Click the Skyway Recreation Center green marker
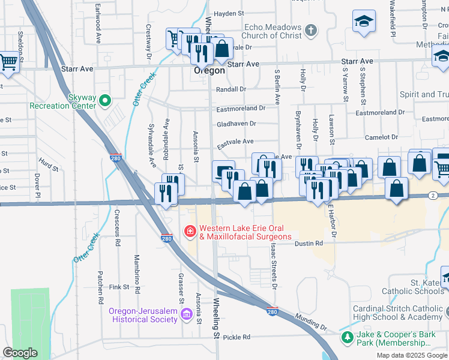[106, 100]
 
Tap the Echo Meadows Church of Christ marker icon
[310, 29]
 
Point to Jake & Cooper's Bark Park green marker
[347, 337]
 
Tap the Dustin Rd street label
[310, 243]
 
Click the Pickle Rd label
[236, 337]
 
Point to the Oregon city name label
[209, 70]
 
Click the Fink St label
[119, 287]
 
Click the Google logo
[20, 353]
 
